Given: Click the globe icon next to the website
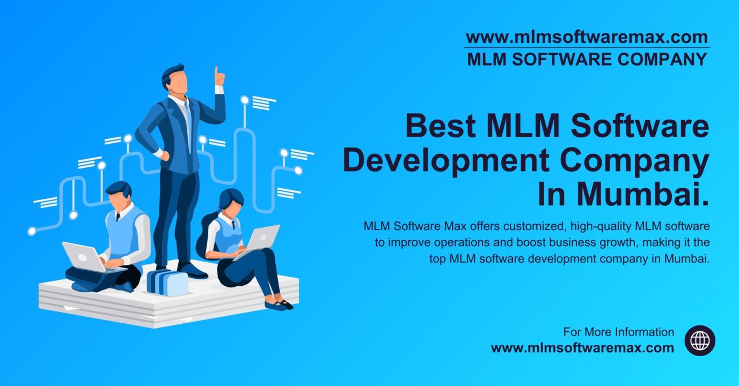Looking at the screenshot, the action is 700,340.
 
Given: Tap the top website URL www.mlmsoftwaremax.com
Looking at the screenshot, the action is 587,37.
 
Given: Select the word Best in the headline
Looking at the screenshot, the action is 441,126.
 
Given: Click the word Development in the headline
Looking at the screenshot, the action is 447,161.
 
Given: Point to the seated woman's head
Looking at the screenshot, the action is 232,203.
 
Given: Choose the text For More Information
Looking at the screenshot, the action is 619,332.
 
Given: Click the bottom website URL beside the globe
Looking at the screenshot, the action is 582,348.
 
